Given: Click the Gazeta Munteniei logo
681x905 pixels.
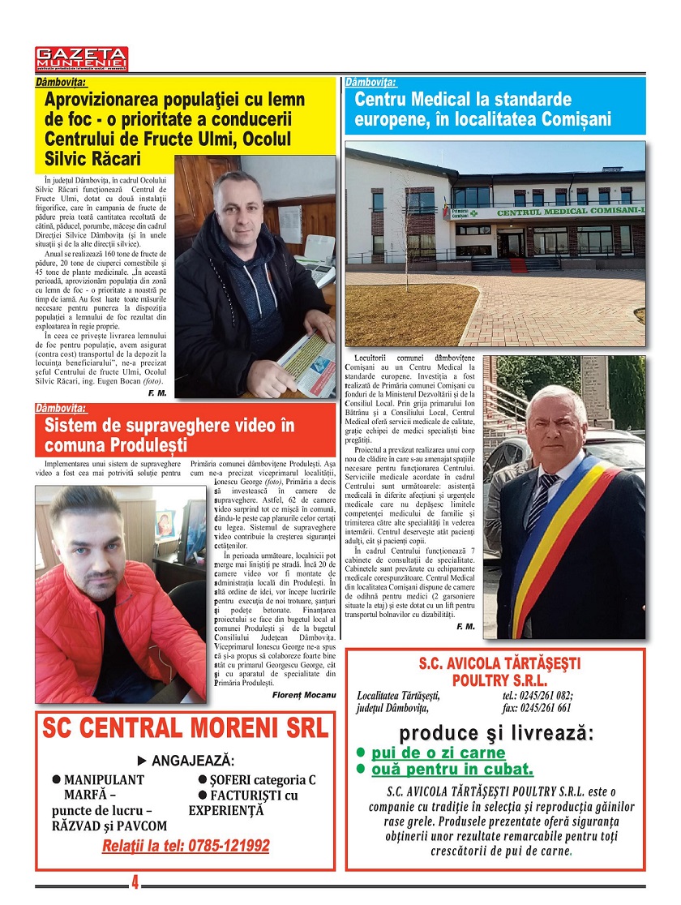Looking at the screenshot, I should [x=81, y=58].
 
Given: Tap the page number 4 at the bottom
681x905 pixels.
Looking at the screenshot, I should [x=135, y=881].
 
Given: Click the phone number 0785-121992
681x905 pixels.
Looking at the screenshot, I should [x=186, y=846].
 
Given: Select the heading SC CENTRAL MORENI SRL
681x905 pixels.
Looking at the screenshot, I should [x=186, y=727].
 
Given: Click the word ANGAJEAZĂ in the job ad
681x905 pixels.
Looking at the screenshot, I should [x=193, y=761].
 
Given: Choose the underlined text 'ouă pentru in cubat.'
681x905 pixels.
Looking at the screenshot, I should [x=452, y=769].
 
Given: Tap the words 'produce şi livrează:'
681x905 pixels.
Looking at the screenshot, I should [x=495, y=733].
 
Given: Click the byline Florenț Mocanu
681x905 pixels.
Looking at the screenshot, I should [x=303, y=695].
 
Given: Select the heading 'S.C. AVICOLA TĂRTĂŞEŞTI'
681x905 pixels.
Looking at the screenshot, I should [x=500, y=663].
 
